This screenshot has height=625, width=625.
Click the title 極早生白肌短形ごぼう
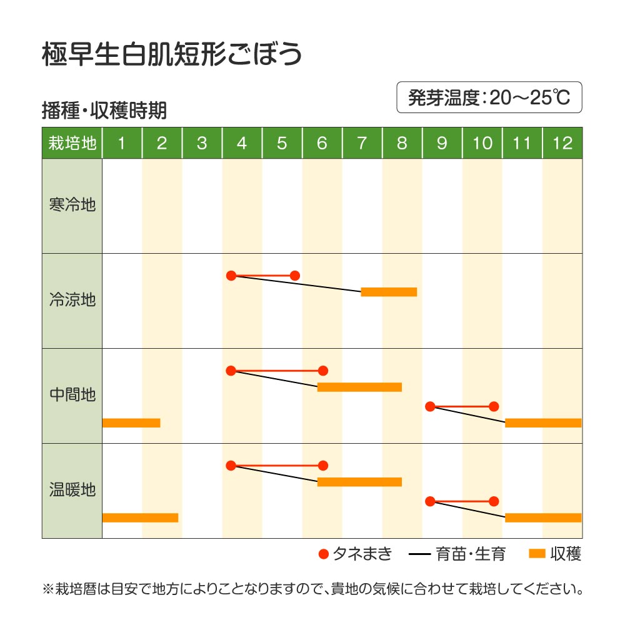pyautogui.click(x=172, y=55)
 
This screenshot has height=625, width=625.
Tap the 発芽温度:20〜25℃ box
pyautogui.click(x=489, y=97)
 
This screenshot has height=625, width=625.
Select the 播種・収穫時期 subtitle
pyautogui.click(x=104, y=111)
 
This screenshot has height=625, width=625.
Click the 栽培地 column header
pyautogui.click(x=72, y=143)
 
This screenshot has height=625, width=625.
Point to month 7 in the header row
pyautogui.click(x=362, y=143)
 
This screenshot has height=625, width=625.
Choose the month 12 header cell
pyautogui.click(x=562, y=143)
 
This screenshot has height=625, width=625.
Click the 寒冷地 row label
pyautogui.click(x=72, y=205)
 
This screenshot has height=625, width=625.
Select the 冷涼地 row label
pyautogui.click(x=72, y=300)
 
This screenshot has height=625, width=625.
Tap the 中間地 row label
pyautogui.click(x=72, y=395)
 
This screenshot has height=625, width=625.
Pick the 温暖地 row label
pyautogui.click(x=72, y=489)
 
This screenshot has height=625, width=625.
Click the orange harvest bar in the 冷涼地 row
pyautogui.click(x=389, y=292)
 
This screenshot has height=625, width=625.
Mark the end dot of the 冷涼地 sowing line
pyautogui.click(x=295, y=276)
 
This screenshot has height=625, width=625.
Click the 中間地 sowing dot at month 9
pyautogui.click(x=430, y=407)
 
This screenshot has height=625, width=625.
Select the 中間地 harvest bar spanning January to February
pyautogui.click(x=131, y=422)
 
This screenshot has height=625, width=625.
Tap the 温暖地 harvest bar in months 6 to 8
pyautogui.click(x=359, y=482)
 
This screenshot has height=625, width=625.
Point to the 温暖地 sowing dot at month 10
pyautogui.click(x=494, y=501)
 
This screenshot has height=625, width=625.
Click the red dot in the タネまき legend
pyautogui.click(x=323, y=554)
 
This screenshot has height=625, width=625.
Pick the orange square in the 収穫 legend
pyautogui.click(x=537, y=554)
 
